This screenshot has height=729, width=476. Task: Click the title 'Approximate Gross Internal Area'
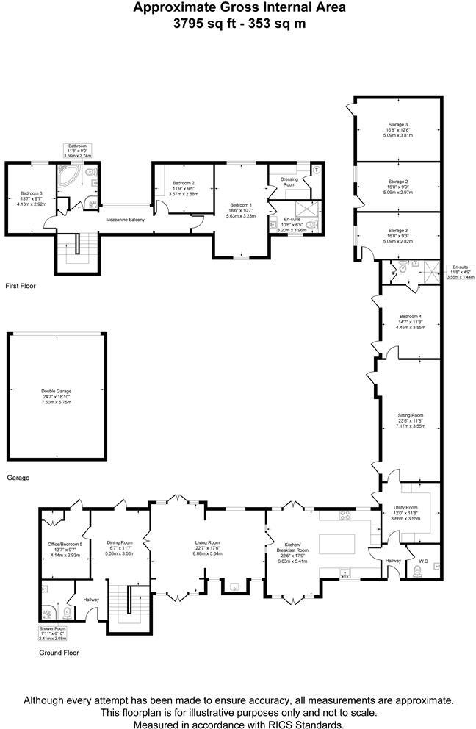tap(239, 8)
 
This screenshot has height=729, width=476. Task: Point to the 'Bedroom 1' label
tap(241, 205)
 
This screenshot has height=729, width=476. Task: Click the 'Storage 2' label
tap(398, 181)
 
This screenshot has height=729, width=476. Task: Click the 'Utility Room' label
tap(406, 508)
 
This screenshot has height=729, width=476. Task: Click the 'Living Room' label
tap(208, 543)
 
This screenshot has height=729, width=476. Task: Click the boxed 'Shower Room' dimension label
tap(52, 633)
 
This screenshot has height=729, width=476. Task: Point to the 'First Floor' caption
tap(20, 285)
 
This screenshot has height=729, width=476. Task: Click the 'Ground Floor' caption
tap(58, 652)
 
